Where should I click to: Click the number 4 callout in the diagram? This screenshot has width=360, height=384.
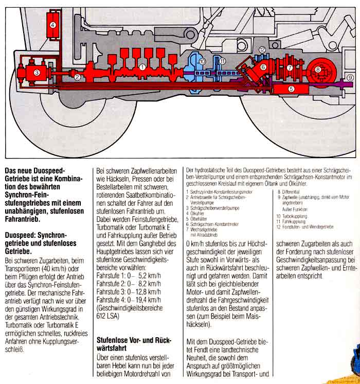pyautogui.click(x=53, y=25)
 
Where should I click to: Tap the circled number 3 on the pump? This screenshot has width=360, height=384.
pyautogui.click(x=37, y=73)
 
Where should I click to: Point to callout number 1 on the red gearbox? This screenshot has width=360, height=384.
pyautogui.click(x=142, y=66)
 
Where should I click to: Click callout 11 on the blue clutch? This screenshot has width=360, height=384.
pyautogui.click(x=223, y=61)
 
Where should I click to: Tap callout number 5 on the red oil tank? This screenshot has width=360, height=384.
pyautogui.click(x=291, y=89)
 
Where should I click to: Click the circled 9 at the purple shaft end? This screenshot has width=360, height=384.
pyautogui.click(x=350, y=77)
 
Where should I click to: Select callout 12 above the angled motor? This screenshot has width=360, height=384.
pyautogui.click(x=262, y=50)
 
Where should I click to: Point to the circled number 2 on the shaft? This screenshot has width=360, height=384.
pyautogui.click(x=77, y=78)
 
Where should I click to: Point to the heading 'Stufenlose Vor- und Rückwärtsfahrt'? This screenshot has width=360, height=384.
pyautogui.click(x=132, y=344)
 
